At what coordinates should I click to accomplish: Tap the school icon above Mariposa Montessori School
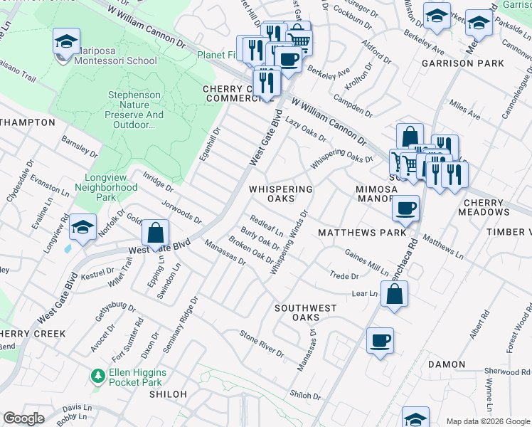pos(66,43)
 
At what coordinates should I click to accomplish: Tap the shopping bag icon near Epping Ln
pos(155,233)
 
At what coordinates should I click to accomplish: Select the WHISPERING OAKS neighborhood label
pos(281,194)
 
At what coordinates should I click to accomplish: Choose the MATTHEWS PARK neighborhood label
pos(361,233)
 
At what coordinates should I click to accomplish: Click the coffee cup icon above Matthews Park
pos(405,209)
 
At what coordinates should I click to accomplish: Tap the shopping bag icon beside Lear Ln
pos(395,293)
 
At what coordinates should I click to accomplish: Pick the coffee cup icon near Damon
pos(380,341)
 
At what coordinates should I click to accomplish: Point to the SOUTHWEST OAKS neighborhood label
pos(306,312)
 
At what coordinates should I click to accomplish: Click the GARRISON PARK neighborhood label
pos(462,63)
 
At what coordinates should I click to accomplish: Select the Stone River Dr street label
pos(262,344)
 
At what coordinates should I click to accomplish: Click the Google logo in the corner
pos(23,418)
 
